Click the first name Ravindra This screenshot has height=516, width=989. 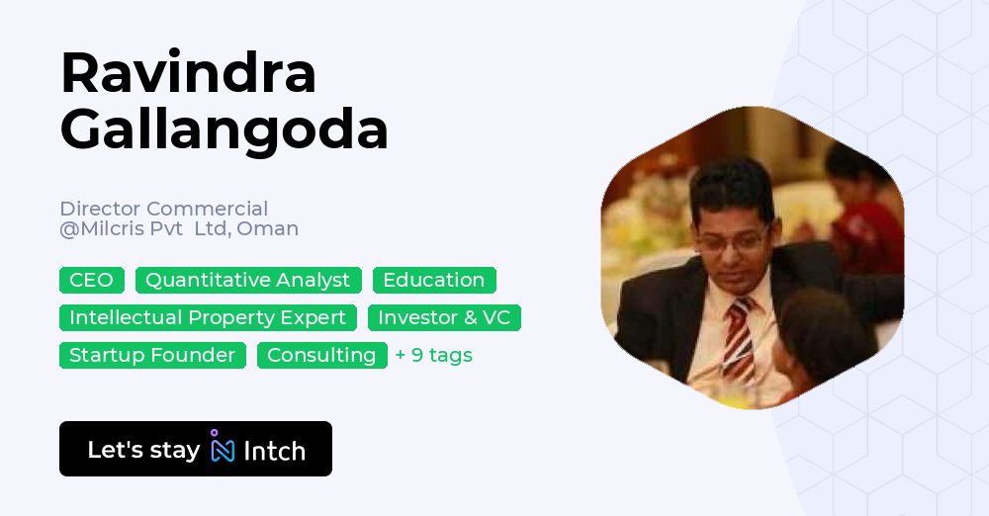188,72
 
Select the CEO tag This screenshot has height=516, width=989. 91,280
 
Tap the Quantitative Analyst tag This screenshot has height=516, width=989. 248,280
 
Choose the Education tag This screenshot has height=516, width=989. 434,280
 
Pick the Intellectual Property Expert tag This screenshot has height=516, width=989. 208,317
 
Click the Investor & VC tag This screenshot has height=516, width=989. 444,317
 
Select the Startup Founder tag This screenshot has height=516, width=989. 152,355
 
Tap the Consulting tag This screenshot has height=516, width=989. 321,355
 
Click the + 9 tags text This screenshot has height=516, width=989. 433,355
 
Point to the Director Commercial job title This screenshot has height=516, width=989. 163,209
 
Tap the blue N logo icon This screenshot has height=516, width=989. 223,449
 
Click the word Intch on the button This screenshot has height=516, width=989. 274,451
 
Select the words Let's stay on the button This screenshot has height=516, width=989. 143,450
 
